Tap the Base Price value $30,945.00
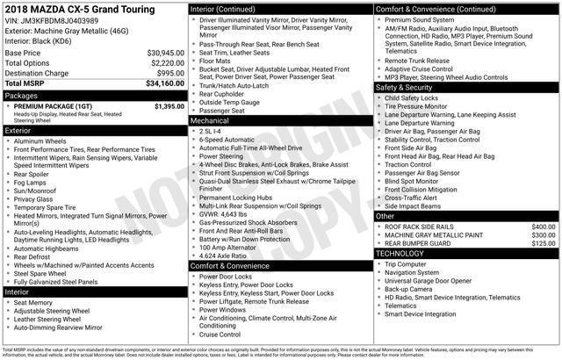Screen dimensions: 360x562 [165, 53]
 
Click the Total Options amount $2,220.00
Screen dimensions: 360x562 [167, 63]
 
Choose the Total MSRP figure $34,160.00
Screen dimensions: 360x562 [164, 84]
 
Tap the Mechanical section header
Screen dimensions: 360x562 [210, 121]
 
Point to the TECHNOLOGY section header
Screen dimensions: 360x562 [400, 253]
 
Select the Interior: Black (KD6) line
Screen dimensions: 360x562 [39, 40]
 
